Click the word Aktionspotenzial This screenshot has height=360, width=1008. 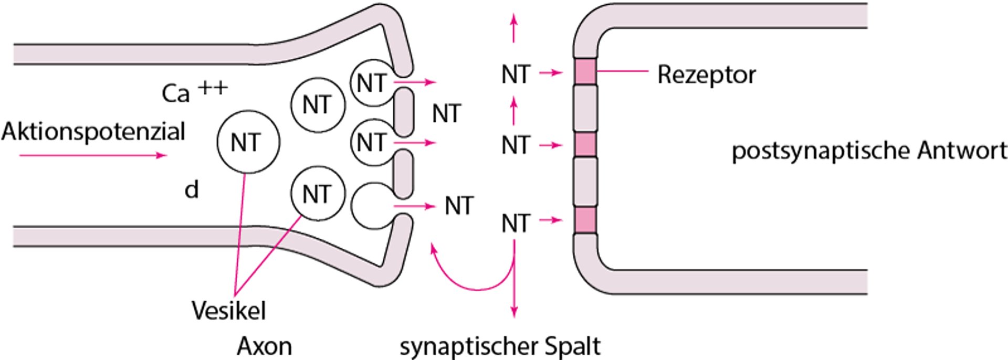click(93, 132)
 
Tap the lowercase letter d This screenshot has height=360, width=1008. click(192, 190)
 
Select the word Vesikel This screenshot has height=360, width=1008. click(228, 311)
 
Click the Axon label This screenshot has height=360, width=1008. click(264, 346)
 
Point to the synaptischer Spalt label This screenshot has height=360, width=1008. click(500, 346)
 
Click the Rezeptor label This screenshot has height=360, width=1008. click(706, 75)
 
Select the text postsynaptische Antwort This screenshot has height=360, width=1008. click(869, 151)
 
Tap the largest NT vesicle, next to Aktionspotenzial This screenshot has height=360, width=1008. click(248, 142)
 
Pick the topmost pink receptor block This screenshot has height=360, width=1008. click(585, 71)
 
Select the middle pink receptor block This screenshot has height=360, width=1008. click(585, 144)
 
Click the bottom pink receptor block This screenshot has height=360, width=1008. click(585, 220)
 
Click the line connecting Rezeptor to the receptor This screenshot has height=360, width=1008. click(622, 71)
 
